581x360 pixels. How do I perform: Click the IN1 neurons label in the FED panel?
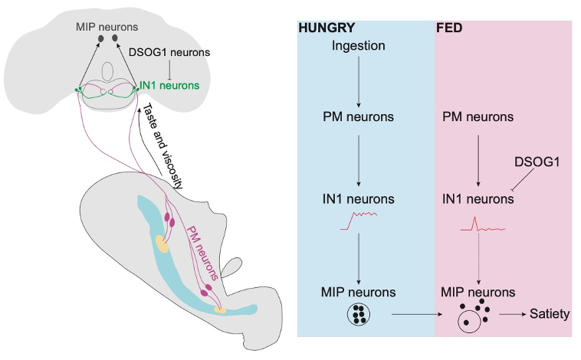pos(478,200)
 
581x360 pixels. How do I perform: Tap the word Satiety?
pos(550,313)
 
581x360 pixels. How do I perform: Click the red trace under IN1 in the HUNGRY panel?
pos(358,221)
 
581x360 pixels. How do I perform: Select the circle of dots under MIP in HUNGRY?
pos(358,313)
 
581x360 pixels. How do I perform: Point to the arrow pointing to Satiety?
pos(511,313)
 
